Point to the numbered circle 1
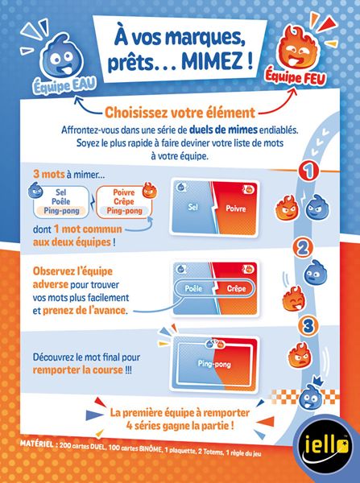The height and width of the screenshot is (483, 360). (x=305, y=172)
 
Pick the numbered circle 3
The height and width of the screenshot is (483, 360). (x=305, y=325)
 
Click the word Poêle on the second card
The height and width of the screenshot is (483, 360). (x=192, y=288)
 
